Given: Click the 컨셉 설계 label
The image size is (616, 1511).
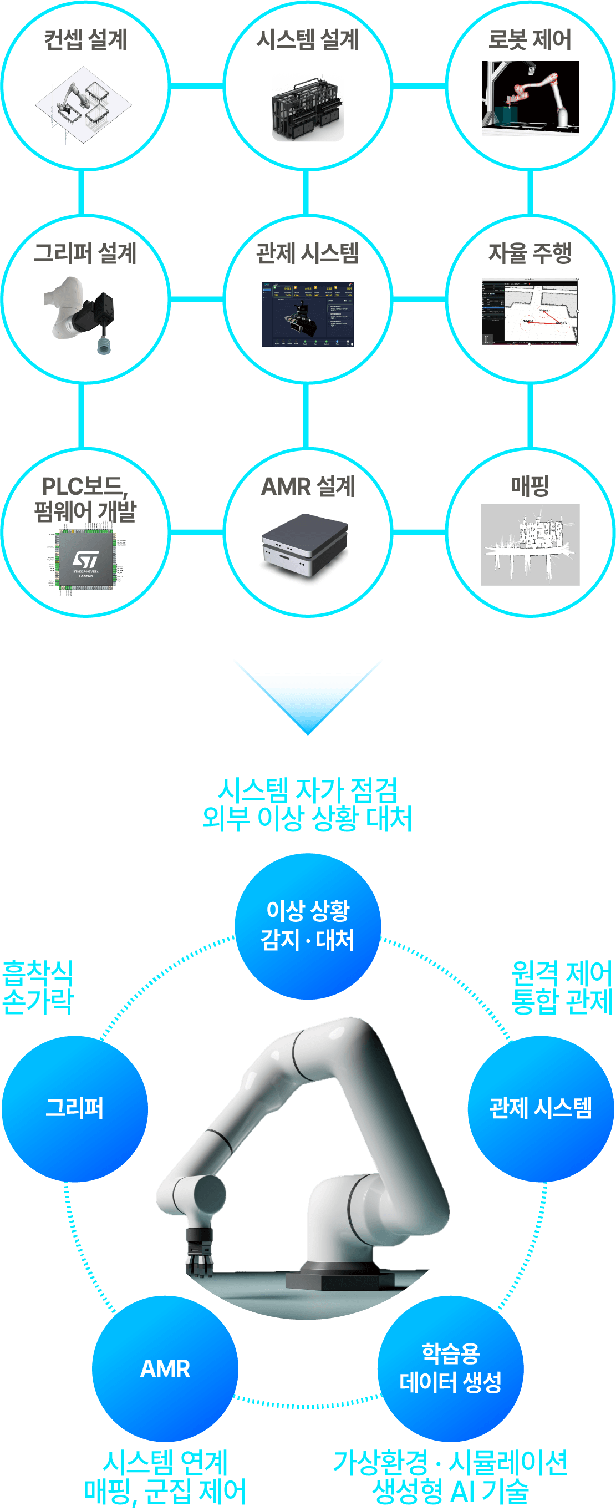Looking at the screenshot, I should (85, 40).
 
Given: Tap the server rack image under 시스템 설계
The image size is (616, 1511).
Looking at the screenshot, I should (307, 109).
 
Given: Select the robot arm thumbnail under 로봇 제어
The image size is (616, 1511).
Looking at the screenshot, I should (530, 98).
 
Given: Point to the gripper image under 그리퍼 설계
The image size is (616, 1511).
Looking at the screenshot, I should (82, 314).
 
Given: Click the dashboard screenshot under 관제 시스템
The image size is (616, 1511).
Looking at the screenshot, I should (308, 314).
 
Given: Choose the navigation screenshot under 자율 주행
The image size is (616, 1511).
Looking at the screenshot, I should (530, 312).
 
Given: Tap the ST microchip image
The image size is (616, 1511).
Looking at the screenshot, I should (85, 560).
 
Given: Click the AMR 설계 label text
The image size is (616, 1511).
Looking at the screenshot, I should (308, 486).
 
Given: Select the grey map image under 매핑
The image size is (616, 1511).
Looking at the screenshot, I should (530, 544).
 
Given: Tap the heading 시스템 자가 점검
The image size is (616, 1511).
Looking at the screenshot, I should (308, 790).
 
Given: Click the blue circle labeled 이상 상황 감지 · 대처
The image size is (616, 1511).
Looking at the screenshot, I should (308, 926).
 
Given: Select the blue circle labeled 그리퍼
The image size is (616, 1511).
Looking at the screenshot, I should (75, 1108).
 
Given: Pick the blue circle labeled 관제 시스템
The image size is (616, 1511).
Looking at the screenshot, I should (541, 1108).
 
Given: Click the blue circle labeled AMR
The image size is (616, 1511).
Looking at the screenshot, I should (165, 1368).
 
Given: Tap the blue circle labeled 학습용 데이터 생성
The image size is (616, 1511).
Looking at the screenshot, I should (450, 1368).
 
